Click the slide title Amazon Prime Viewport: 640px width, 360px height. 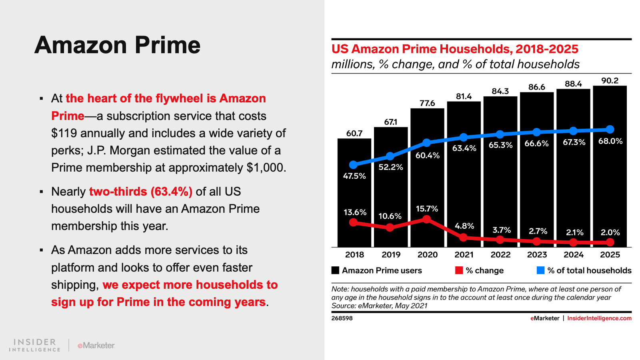[117, 45]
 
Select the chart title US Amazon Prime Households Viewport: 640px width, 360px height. [455, 49]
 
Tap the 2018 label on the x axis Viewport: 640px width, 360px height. [354, 255]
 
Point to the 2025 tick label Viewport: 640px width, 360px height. [610, 255]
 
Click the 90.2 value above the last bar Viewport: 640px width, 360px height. [610, 80]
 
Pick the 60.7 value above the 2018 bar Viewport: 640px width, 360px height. [354, 133]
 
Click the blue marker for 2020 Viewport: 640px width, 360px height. [427, 143]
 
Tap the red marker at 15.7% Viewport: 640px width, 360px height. [427, 219]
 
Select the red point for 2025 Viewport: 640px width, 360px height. [610, 242]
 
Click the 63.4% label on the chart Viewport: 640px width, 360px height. [464, 148]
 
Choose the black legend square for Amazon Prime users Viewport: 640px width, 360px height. [335, 270]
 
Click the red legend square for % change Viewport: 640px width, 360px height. [459, 270]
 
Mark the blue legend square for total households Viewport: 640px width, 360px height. [540, 270]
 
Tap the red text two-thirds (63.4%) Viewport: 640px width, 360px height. [140, 192]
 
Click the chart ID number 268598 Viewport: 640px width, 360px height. [342, 318]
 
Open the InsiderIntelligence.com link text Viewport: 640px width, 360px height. [599, 318]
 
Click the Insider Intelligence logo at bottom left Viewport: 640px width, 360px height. [35, 345]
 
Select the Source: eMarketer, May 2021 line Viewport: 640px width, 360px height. [379, 306]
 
